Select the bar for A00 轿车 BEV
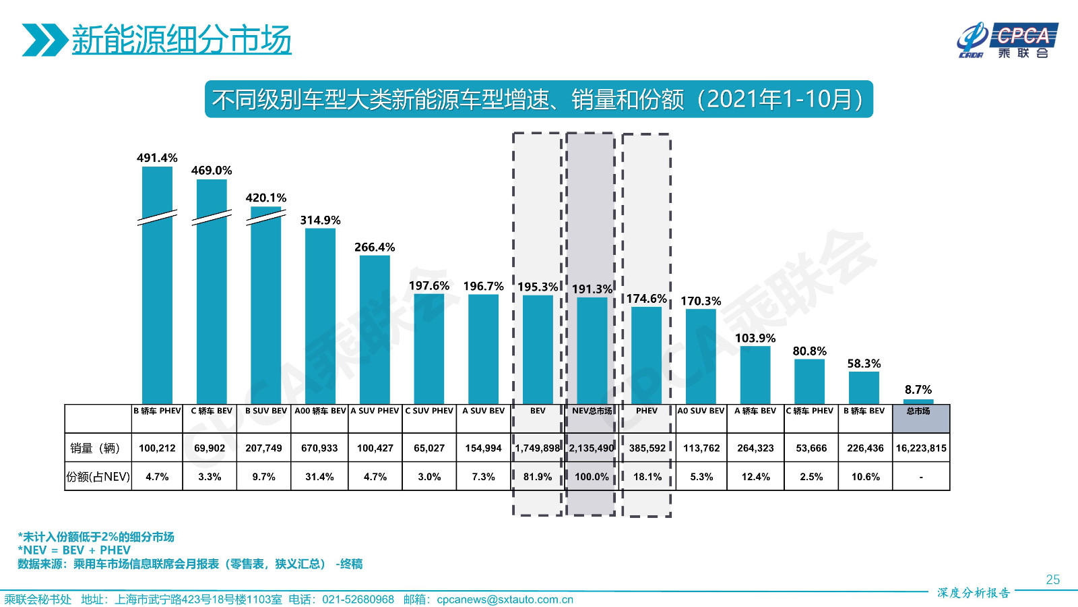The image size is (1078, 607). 320,317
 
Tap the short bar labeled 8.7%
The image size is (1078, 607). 918,401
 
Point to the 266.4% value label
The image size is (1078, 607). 375,248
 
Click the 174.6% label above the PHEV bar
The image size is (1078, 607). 647,299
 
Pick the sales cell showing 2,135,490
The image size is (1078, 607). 592,448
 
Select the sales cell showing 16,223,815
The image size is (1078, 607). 921,448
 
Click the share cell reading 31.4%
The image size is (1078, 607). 319,477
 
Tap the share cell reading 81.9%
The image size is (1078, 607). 538,477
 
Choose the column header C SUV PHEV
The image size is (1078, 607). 429,411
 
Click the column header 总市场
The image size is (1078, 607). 918,411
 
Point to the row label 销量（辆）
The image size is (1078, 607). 95,448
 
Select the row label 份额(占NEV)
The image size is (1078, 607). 98,477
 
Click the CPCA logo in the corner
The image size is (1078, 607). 1007,40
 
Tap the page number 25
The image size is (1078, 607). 1052,579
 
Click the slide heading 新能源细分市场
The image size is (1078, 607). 181,40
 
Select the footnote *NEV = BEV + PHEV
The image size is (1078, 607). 74,550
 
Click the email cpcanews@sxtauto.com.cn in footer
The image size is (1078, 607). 505,600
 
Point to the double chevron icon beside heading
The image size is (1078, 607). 44,40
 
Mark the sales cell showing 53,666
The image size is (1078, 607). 811,448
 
